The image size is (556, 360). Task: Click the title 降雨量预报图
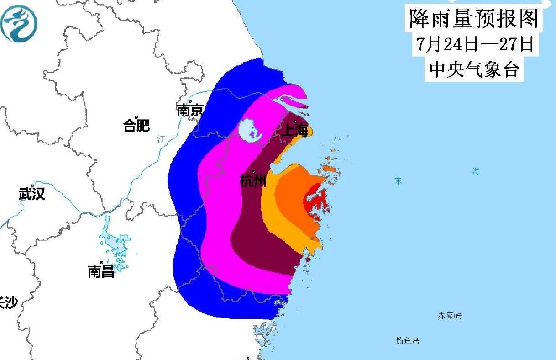pos(474,19)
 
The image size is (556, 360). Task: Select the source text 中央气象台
pos(474,69)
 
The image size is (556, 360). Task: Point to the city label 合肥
pos(136,125)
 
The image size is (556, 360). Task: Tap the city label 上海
pos(295,131)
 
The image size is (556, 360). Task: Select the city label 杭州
pos(253,181)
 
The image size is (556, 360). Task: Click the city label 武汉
pos(31,194)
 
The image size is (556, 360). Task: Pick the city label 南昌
pos(101,272)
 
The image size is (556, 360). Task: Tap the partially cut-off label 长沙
pos(8,302)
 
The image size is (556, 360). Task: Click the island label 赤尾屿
pos(449,316)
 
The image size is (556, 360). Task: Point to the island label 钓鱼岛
pos(408,340)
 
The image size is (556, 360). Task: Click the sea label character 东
pos(398,181)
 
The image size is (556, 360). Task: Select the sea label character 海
pos(476,172)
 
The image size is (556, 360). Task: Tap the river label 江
pos(161,139)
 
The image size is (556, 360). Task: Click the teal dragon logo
pos(19,24)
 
